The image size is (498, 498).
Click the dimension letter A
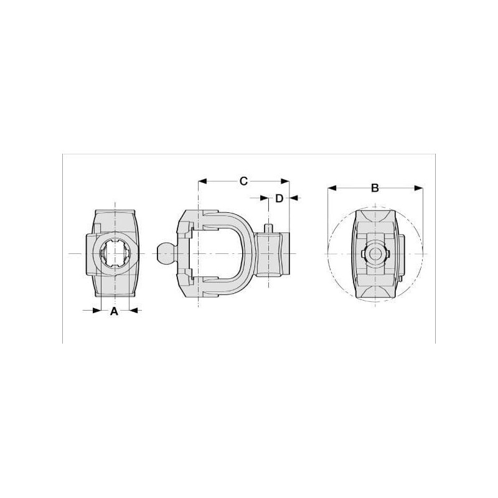click(x=114, y=311)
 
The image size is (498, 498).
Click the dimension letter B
click(x=375, y=188)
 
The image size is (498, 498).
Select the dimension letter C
click(x=243, y=181)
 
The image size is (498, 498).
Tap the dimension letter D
click(x=279, y=198)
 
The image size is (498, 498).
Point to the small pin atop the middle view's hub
click(x=269, y=228)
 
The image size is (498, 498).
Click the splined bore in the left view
click(x=115, y=253)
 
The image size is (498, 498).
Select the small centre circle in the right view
click(x=375, y=254)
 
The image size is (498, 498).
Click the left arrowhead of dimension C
click(x=202, y=181)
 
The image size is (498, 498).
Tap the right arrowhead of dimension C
click(x=285, y=181)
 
